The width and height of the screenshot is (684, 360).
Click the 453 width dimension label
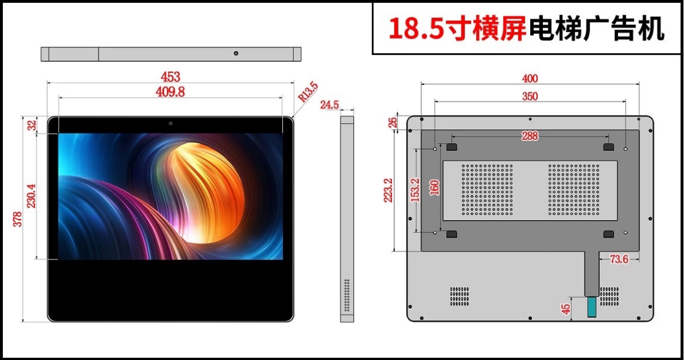pos(170,77)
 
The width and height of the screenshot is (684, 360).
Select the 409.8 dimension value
pos(170,92)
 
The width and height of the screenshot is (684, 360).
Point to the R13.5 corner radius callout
pos(308,92)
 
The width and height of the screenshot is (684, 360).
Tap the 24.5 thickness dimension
pos(330,105)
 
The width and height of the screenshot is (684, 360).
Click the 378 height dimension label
pos(17,219)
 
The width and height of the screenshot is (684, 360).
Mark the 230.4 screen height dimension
pos(31,196)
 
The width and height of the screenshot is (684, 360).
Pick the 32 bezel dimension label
pos(32,125)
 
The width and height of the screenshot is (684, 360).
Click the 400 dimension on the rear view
pos(530,79)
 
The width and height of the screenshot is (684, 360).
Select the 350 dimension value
pos(530,97)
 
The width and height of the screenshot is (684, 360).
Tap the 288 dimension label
pos(530,136)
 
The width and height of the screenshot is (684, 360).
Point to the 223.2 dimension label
pos(388,191)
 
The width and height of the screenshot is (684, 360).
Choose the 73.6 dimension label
pos(619,260)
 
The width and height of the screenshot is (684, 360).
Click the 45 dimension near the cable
pos(566,309)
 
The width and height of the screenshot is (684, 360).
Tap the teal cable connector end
pos(591,307)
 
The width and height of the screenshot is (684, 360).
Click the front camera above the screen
pos(171,123)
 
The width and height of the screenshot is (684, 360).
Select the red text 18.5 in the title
pos(416,29)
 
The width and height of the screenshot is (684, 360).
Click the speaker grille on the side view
pos(347,295)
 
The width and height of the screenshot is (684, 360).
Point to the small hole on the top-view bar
pos(236,53)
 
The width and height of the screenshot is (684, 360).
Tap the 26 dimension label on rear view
pos(393,123)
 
